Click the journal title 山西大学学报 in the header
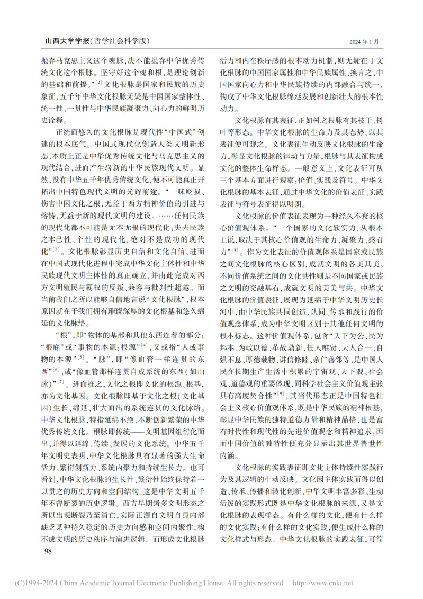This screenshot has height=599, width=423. [67, 41]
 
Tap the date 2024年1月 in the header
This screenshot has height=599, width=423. [364, 41]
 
